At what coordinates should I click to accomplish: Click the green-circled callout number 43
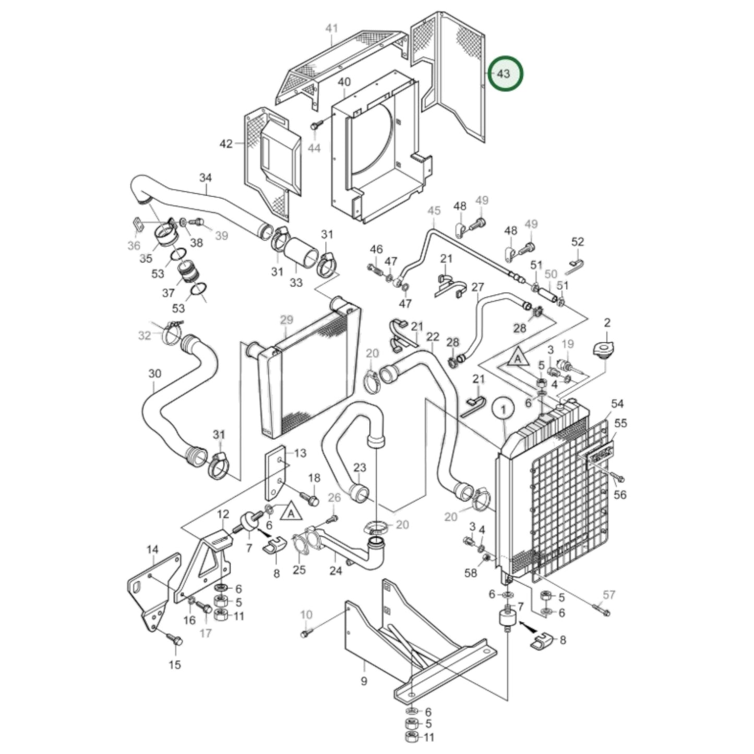pos(503,74)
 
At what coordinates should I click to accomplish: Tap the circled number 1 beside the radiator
pos(503,411)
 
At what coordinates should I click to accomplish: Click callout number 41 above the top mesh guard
pos(332,28)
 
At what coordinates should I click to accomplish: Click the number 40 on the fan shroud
pos(344,82)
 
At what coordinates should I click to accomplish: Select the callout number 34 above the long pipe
pos(206,177)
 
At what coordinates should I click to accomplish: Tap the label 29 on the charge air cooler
pos(286,319)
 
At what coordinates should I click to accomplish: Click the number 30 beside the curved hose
pos(154,374)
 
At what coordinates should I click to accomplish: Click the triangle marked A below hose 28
pos(517,359)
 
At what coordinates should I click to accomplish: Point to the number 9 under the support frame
pos(364,681)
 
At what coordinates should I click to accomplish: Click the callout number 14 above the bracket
pos(151,549)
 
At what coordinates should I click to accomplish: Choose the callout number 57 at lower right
pos(609,594)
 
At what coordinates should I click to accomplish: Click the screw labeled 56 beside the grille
pos(619,477)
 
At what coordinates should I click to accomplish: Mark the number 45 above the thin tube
pos(434,210)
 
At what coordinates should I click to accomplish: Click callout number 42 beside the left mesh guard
pos(225,143)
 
